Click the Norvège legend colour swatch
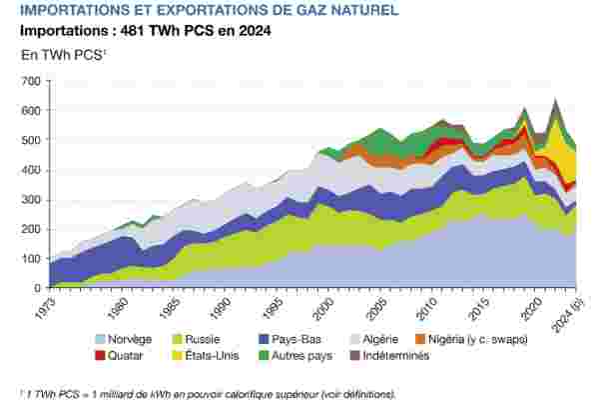[x=102, y=339]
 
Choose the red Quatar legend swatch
[x=102, y=355]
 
